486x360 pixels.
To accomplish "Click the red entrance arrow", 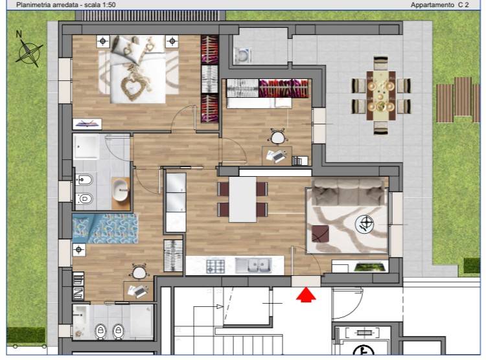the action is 306,294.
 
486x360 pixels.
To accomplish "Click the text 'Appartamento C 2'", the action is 439,5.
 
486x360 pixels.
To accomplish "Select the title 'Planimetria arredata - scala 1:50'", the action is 66,5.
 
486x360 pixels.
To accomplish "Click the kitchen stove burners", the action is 216,266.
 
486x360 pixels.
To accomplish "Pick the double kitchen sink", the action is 253,265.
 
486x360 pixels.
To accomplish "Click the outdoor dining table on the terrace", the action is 381,96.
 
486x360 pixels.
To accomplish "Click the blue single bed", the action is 105,229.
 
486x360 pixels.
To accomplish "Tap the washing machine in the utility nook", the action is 243,56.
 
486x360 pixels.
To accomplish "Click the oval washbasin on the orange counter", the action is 121,190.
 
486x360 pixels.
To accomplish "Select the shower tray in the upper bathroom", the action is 86,146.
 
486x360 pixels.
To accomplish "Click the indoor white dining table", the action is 242,199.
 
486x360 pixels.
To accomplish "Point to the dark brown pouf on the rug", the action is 320,234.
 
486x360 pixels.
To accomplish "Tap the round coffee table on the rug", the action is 364,224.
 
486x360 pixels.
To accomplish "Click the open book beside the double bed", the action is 87,124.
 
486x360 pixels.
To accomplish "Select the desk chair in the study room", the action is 277,137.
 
